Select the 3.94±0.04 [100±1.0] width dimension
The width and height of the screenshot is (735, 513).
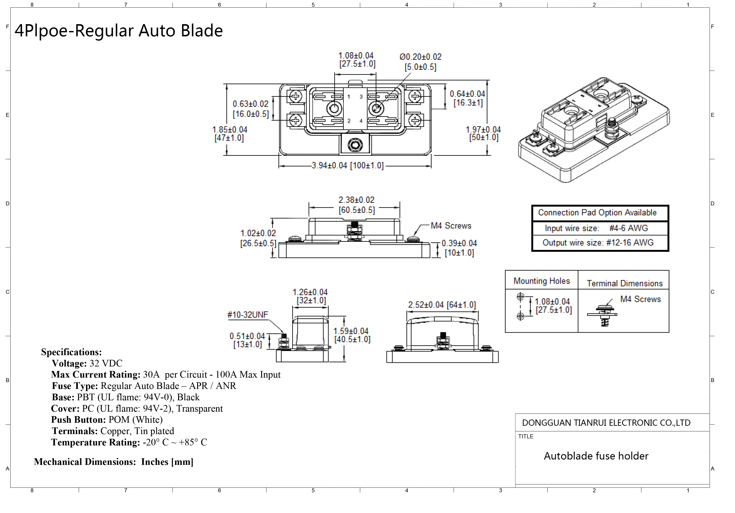347,166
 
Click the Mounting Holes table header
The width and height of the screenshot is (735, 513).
542,281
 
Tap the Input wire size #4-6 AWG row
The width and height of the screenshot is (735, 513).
596,228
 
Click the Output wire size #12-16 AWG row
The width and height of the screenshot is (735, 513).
598,243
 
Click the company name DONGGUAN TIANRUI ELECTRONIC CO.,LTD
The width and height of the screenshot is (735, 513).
606,423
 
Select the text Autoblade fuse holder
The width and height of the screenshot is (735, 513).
596,456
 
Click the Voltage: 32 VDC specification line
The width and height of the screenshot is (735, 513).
87,363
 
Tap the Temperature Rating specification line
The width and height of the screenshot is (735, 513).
129,442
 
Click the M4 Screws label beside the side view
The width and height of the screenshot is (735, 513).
451,226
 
